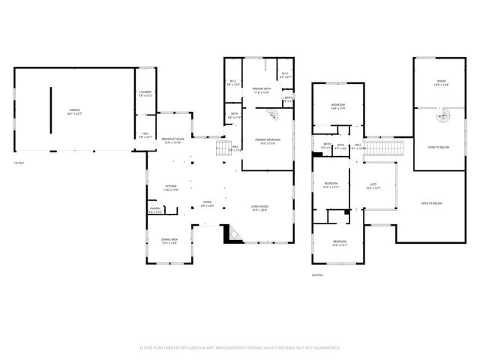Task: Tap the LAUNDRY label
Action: point(145,94)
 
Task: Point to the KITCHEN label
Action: point(170,187)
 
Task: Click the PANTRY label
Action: point(155,210)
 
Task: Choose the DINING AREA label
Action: point(169,241)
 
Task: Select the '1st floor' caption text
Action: point(17,162)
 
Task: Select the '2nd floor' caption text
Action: point(316,275)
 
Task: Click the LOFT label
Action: point(372,185)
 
